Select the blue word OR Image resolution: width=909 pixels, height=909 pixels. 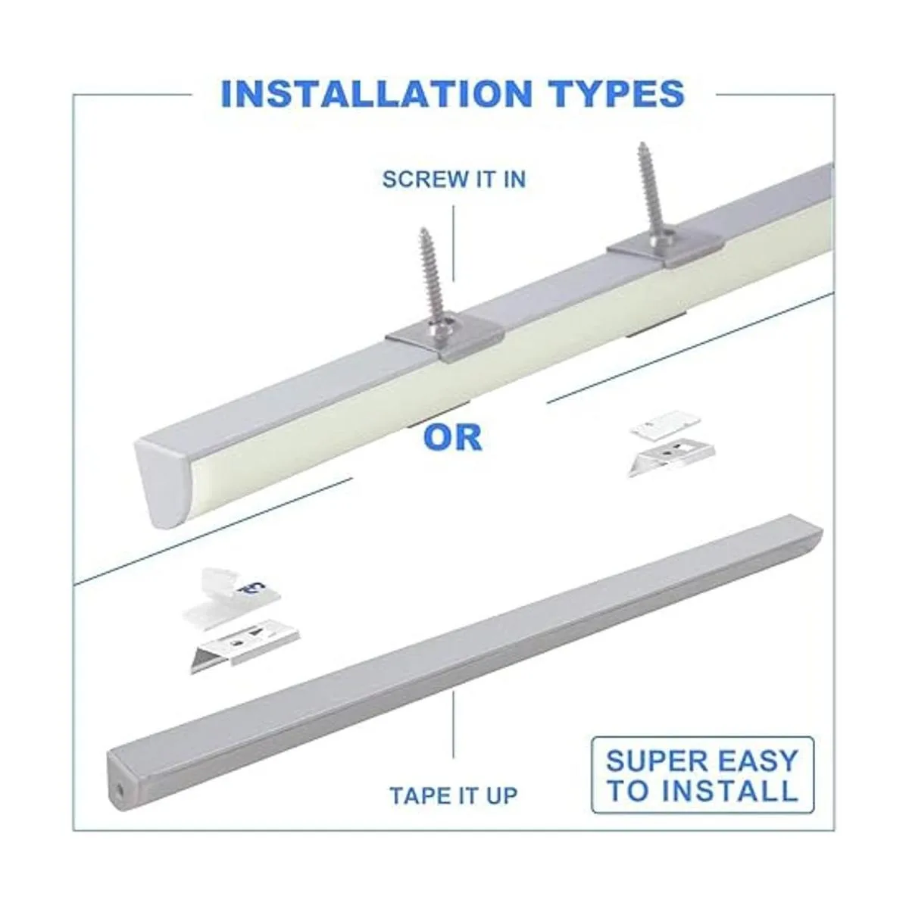pyautogui.click(x=453, y=437)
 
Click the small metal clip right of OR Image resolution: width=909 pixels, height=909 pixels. pyautogui.click(x=671, y=458)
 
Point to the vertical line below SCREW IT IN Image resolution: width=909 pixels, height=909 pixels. pyautogui.click(x=453, y=243)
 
